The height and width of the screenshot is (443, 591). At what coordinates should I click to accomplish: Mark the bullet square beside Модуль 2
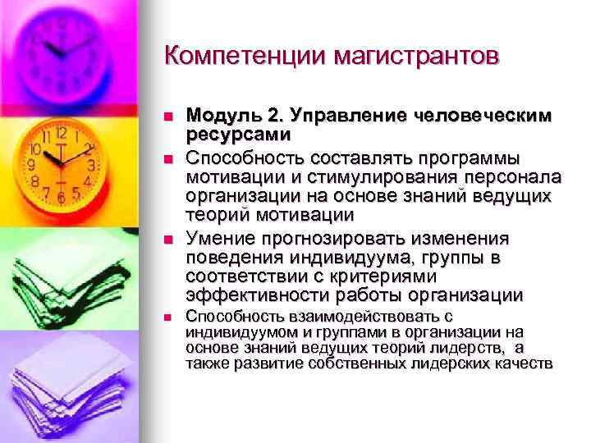tap(167, 117)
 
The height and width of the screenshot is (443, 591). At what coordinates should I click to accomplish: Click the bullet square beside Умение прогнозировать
tap(167, 239)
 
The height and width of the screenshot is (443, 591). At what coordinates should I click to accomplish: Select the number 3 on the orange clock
tap(92, 164)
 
